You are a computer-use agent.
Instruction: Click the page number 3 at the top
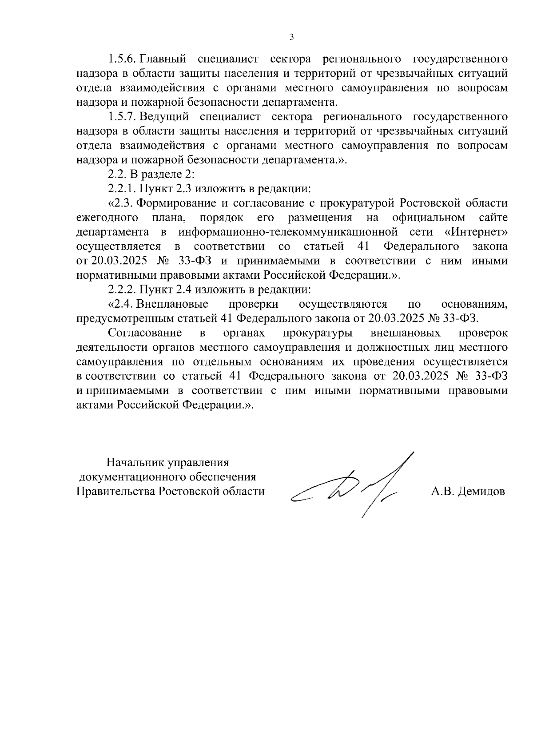[x=292, y=37]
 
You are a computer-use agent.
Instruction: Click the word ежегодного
[x=106, y=218]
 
